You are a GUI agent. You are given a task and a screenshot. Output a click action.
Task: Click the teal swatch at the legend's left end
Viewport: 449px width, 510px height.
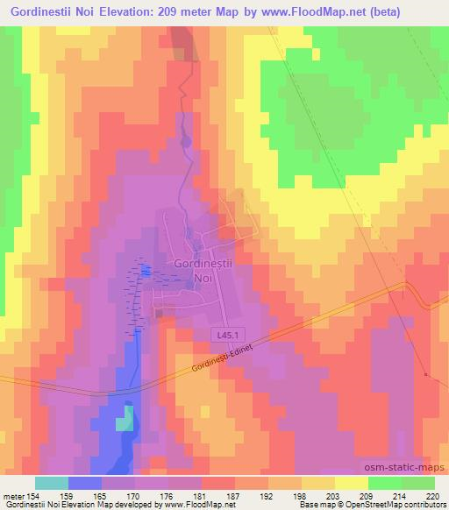52,483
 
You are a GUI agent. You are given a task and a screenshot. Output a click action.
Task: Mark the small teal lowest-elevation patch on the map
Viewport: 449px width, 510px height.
128,417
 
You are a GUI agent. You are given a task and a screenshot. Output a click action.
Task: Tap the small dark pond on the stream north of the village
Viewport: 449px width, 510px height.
184,140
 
